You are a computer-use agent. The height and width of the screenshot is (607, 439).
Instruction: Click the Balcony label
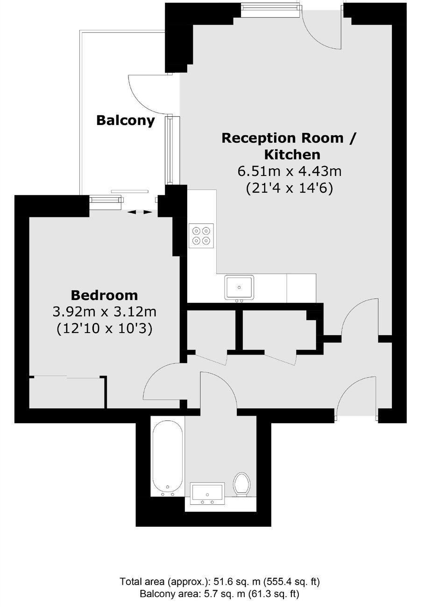(x=125, y=120)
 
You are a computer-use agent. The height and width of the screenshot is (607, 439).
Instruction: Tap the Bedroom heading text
(x=104, y=295)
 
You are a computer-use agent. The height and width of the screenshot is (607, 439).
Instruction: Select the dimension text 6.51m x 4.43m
(x=290, y=172)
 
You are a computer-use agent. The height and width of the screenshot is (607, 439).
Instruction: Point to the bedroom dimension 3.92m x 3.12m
(x=104, y=312)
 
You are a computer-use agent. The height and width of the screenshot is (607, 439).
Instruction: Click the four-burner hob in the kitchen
(x=201, y=236)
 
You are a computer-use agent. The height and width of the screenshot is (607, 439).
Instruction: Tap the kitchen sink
(x=239, y=287)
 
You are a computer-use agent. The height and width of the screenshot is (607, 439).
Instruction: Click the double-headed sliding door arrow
(x=140, y=212)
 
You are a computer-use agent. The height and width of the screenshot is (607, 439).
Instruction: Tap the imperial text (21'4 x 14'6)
(x=289, y=188)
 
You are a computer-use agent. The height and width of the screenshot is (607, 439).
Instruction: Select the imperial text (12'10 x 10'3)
(x=104, y=329)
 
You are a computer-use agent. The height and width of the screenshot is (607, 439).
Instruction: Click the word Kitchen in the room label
(x=292, y=155)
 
